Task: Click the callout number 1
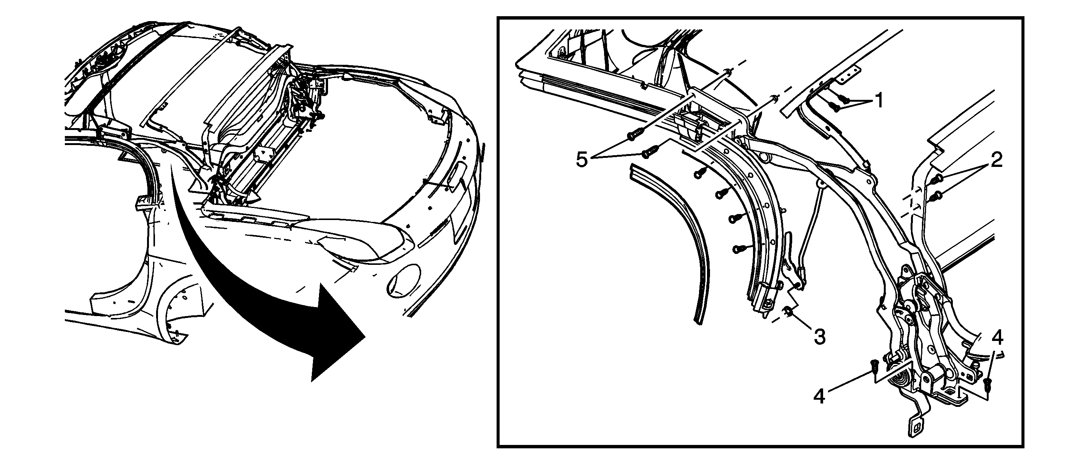point(879,100)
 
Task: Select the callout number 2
point(997,160)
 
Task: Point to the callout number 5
point(582,159)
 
